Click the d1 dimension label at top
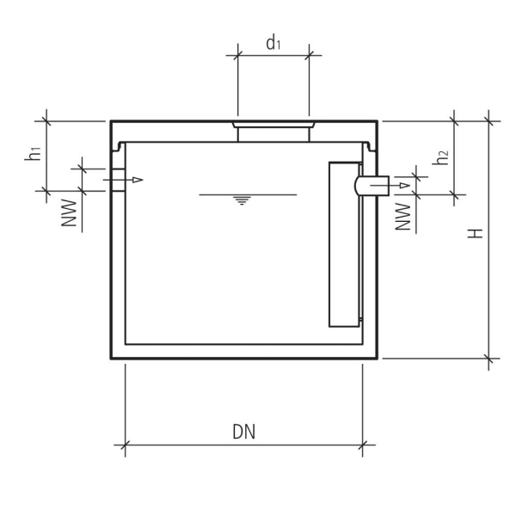click(x=273, y=42)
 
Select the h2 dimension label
click(x=441, y=158)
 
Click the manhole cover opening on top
click(x=273, y=131)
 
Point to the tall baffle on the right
click(x=343, y=245)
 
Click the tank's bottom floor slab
click(x=244, y=351)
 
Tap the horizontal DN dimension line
click(x=243, y=445)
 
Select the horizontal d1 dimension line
click(x=273, y=56)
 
